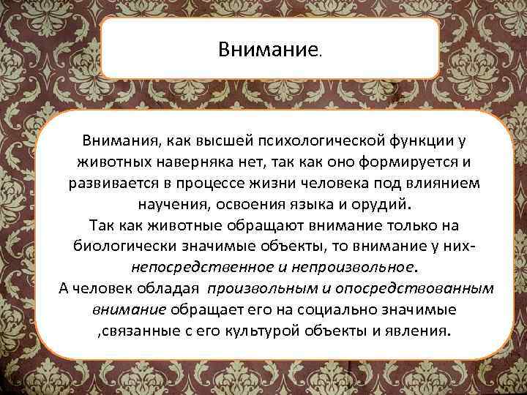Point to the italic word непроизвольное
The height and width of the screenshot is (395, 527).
tap(350, 266)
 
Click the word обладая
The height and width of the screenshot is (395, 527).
tap(170, 287)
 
